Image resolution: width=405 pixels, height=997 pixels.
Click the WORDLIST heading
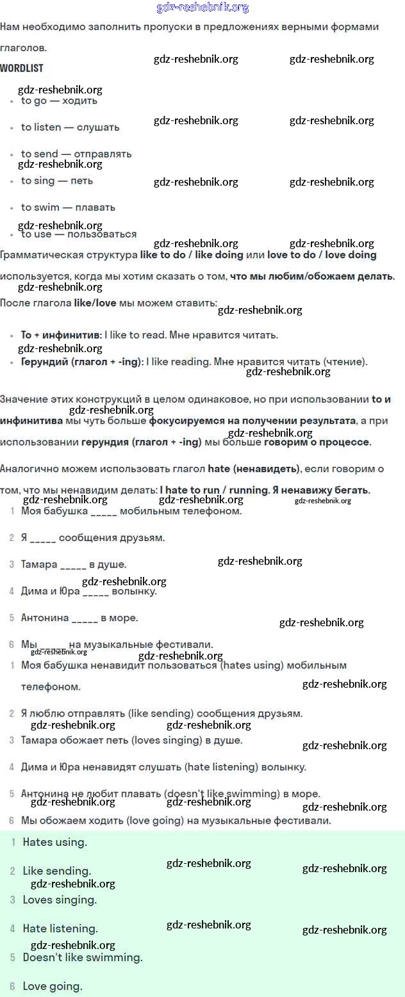pyautogui.click(x=22, y=68)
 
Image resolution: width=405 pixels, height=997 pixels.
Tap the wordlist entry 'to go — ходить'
pyautogui.click(x=59, y=101)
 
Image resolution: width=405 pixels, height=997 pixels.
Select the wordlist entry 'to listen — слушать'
pyautogui.click(x=70, y=127)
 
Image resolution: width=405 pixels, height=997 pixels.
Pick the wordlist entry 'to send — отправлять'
pyautogui.click(x=76, y=154)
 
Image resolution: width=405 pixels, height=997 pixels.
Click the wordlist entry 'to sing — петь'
pyautogui.click(x=57, y=181)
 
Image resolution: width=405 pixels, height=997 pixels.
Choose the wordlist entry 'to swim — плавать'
pyautogui.click(x=68, y=207)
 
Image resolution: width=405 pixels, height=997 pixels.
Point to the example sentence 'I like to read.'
pyautogui.click(x=139, y=335)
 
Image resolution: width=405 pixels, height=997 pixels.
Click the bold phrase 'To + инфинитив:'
pyautogui.click(x=61, y=335)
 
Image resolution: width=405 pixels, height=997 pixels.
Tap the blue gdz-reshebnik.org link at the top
pyautogui.click(x=202, y=8)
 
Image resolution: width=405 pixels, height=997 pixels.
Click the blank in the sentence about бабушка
pyautogui.click(x=104, y=512)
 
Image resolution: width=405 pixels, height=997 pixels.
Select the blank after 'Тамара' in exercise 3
pyautogui.click(x=73, y=565)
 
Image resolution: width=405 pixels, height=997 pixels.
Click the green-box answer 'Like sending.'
pyautogui.click(x=57, y=871)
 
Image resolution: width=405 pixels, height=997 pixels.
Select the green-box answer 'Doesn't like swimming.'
pyautogui.click(x=83, y=957)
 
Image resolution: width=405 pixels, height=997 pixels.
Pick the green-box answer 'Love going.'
pyautogui.click(x=53, y=986)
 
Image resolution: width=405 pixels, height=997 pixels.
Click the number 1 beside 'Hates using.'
pyautogui.click(x=13, y=843)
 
